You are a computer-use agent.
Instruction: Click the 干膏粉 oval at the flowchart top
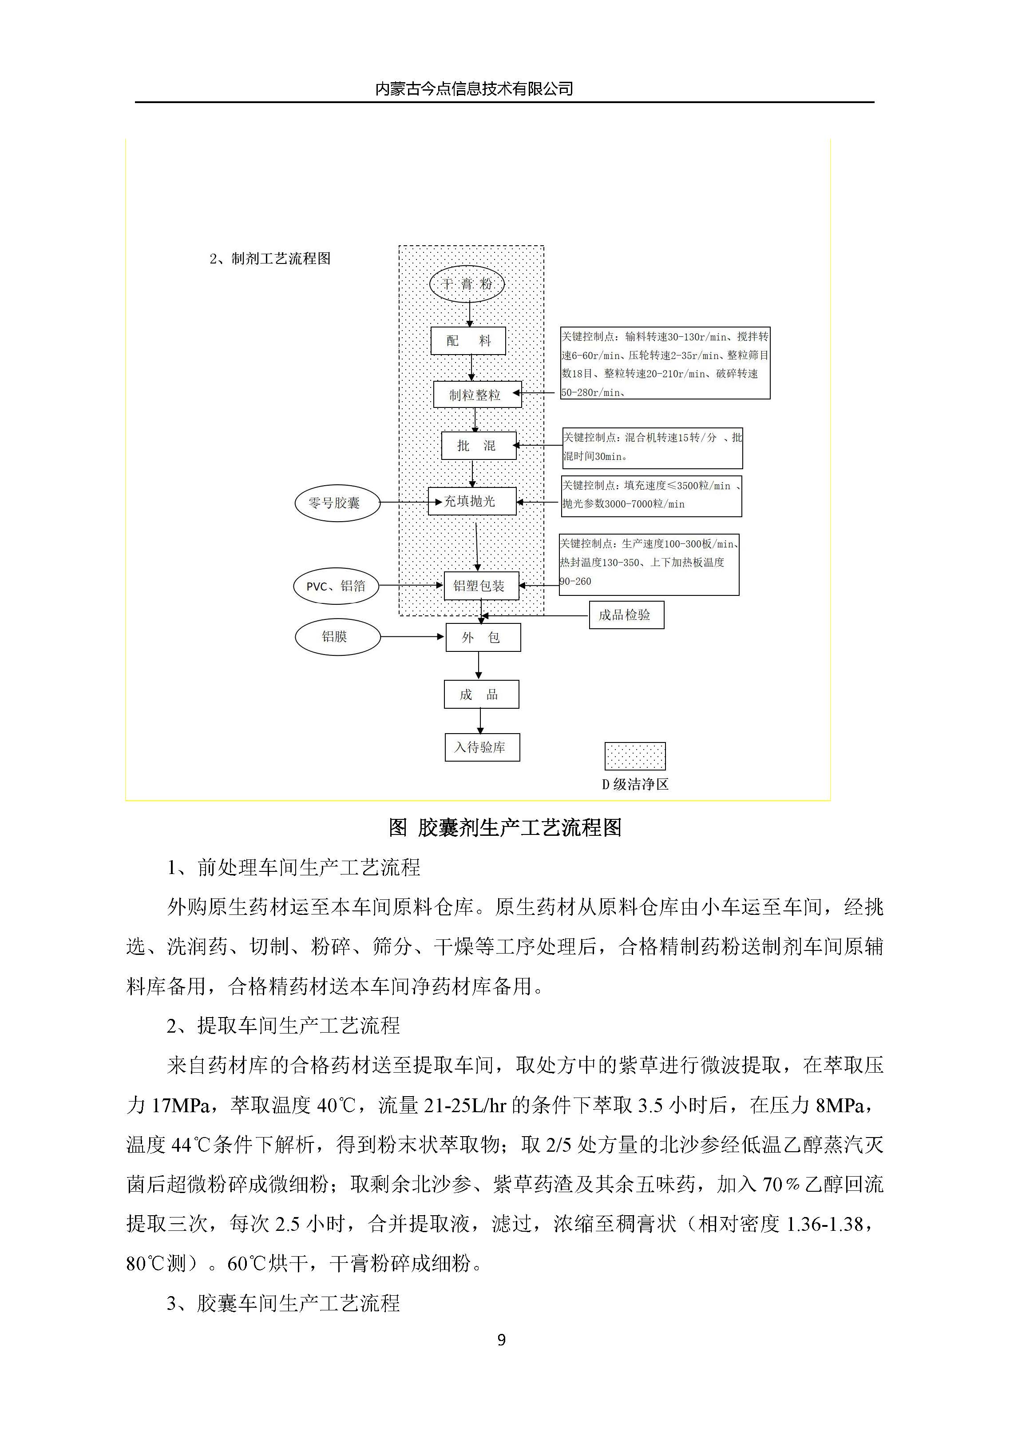click(467, 284)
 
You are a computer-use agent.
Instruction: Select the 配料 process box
click(468, 341)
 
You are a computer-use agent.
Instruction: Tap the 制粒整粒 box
click(477, 395)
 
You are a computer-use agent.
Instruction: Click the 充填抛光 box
click(471, 501)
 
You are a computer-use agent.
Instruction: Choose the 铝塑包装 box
click(481, 586)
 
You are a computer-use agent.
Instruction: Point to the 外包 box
click(483, 637)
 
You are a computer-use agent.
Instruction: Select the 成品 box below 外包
click(481, 695)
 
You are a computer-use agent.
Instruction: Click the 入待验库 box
click(482, 747)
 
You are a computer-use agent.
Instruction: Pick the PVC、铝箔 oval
click(336, 586)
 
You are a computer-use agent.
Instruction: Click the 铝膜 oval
click(337, 637)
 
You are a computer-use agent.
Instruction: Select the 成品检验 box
click(626, 615)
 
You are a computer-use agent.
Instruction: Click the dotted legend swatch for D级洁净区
click(635, 756)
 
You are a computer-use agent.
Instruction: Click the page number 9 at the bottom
click(502, 1340)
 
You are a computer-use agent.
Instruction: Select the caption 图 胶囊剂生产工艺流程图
click(505, 828)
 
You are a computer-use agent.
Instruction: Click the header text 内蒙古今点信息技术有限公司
click(474, 89)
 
